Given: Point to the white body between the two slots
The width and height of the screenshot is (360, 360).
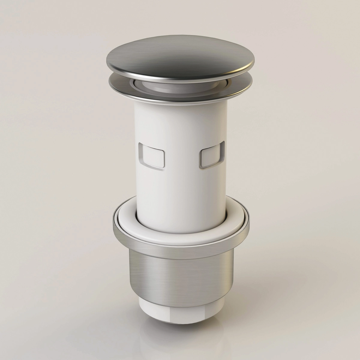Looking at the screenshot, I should [181, 157].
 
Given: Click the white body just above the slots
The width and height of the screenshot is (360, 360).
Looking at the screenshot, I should [180, 126].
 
